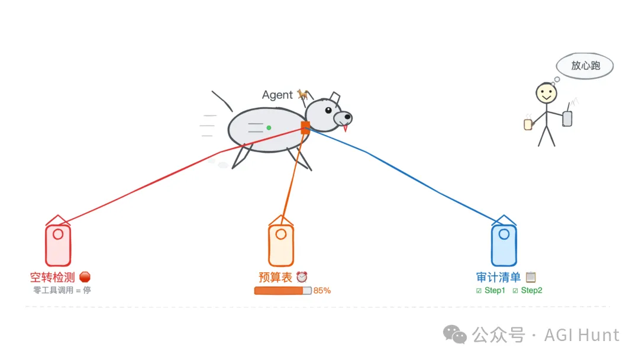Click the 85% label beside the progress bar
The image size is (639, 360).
(322, 291)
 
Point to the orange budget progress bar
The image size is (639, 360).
(283, 291)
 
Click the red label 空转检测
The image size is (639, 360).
(53, 277)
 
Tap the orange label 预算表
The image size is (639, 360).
(276, 277)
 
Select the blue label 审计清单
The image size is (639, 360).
(498, 277)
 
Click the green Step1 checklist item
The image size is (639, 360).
(490, 291)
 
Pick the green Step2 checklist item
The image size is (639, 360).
(527, 291)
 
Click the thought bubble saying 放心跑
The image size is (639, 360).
(585, 66)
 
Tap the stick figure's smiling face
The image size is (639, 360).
(546, 93)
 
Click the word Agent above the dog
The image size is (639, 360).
(277, 95)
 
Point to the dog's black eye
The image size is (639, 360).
(328, 110)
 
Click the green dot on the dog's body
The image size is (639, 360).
(269, 128)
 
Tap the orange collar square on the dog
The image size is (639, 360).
(305, 128)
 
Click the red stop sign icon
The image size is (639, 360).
(85, 277)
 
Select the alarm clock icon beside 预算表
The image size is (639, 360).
(302, 277)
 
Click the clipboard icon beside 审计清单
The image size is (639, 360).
(531, 277)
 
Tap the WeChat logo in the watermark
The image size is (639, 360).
(454, 335)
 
